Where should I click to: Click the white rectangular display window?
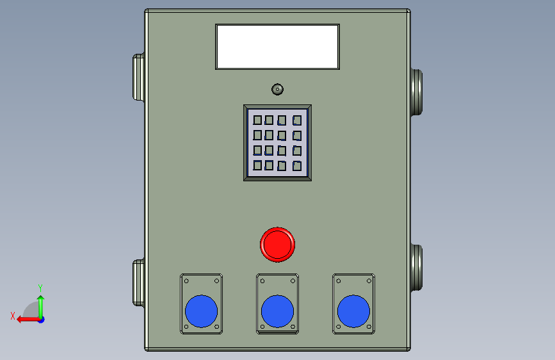pos(278,47)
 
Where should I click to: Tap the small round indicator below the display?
pos(278,89)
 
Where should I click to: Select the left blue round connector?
pos(202,311)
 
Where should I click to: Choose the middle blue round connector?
pos(278,311)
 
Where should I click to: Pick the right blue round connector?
pos(353,311)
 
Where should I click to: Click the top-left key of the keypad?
pos(257,120)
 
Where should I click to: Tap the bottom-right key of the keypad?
pos(297,166)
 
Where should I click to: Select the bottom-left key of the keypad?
pos(257,165)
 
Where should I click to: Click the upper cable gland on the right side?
pos(417,92)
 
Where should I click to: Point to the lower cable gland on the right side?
pos(417,268)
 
